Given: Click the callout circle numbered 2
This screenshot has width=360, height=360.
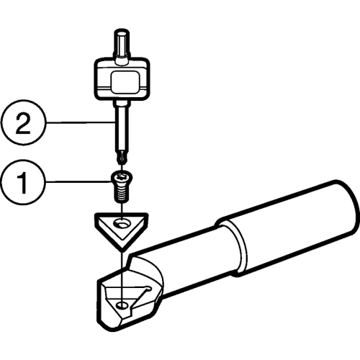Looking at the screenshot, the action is click(x=23, y=122).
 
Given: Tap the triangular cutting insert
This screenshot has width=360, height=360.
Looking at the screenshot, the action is click(x=122, y=231).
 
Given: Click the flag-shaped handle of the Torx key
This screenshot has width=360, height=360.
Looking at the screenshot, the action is click(x=122, y=79).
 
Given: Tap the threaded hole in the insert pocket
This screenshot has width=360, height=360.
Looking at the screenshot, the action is click(x=122, y=305).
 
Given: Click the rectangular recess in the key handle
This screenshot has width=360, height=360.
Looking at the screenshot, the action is click(x=125, y=82).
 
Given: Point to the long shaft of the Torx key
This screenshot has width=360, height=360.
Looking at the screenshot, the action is click(x=122, y=127).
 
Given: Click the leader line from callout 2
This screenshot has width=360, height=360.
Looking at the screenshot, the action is click(x=80, y=122).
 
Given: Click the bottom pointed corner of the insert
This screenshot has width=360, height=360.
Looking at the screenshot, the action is click(x=122, y=249).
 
